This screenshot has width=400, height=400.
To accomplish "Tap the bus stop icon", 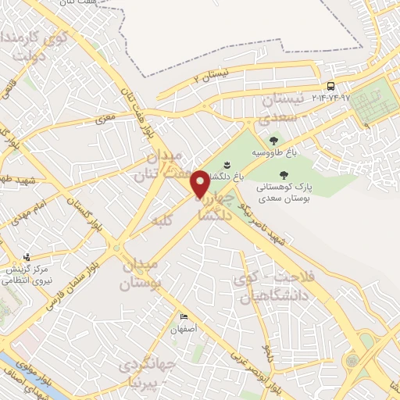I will [330, 86].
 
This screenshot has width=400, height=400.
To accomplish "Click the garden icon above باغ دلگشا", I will [226, 164].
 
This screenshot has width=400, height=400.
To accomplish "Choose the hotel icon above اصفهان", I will [184, 316].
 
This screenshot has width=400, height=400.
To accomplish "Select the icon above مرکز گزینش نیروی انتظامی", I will [27, 256].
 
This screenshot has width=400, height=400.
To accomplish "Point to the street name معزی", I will [105, 120].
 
